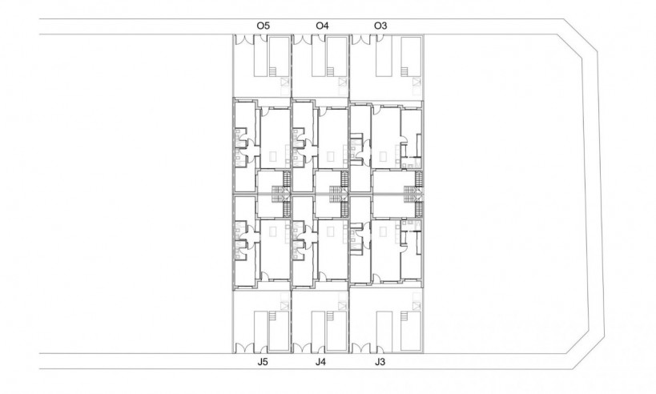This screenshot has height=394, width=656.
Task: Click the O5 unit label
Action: click(263, 26)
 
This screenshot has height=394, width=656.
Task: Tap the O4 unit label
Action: click(322, 26)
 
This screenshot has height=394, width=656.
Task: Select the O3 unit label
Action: click(381, 26)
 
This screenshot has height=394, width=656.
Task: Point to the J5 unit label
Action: click(263, 363)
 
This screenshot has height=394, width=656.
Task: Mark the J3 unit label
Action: click(381, 363)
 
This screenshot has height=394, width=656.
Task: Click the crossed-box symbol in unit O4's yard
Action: click(344, 82)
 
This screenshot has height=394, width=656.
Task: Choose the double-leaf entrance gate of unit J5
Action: click(243, 348)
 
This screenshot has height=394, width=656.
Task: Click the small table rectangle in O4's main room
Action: click(330, 155)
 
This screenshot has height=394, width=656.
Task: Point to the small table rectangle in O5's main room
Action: click(272, 155)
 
